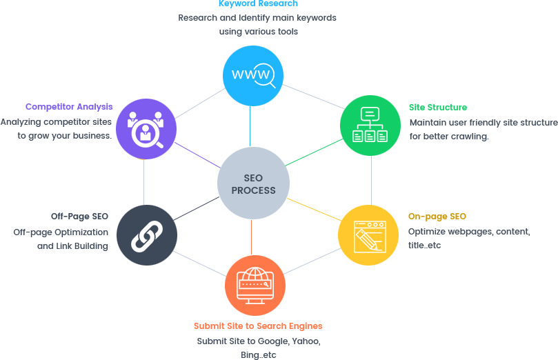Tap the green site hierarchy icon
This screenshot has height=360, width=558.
pos(370,125)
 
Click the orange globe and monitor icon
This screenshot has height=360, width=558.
pos(255,285)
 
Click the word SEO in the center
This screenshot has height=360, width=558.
pos(253,178)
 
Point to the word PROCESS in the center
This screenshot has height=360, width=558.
pos(253,190)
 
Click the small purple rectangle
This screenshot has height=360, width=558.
pos(197,155)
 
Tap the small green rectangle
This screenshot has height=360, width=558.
pos(315,152)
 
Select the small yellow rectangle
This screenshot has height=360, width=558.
pos(314,209)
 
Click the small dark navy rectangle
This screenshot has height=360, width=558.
pos(196,208)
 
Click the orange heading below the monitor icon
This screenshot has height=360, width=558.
pos(258,326)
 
